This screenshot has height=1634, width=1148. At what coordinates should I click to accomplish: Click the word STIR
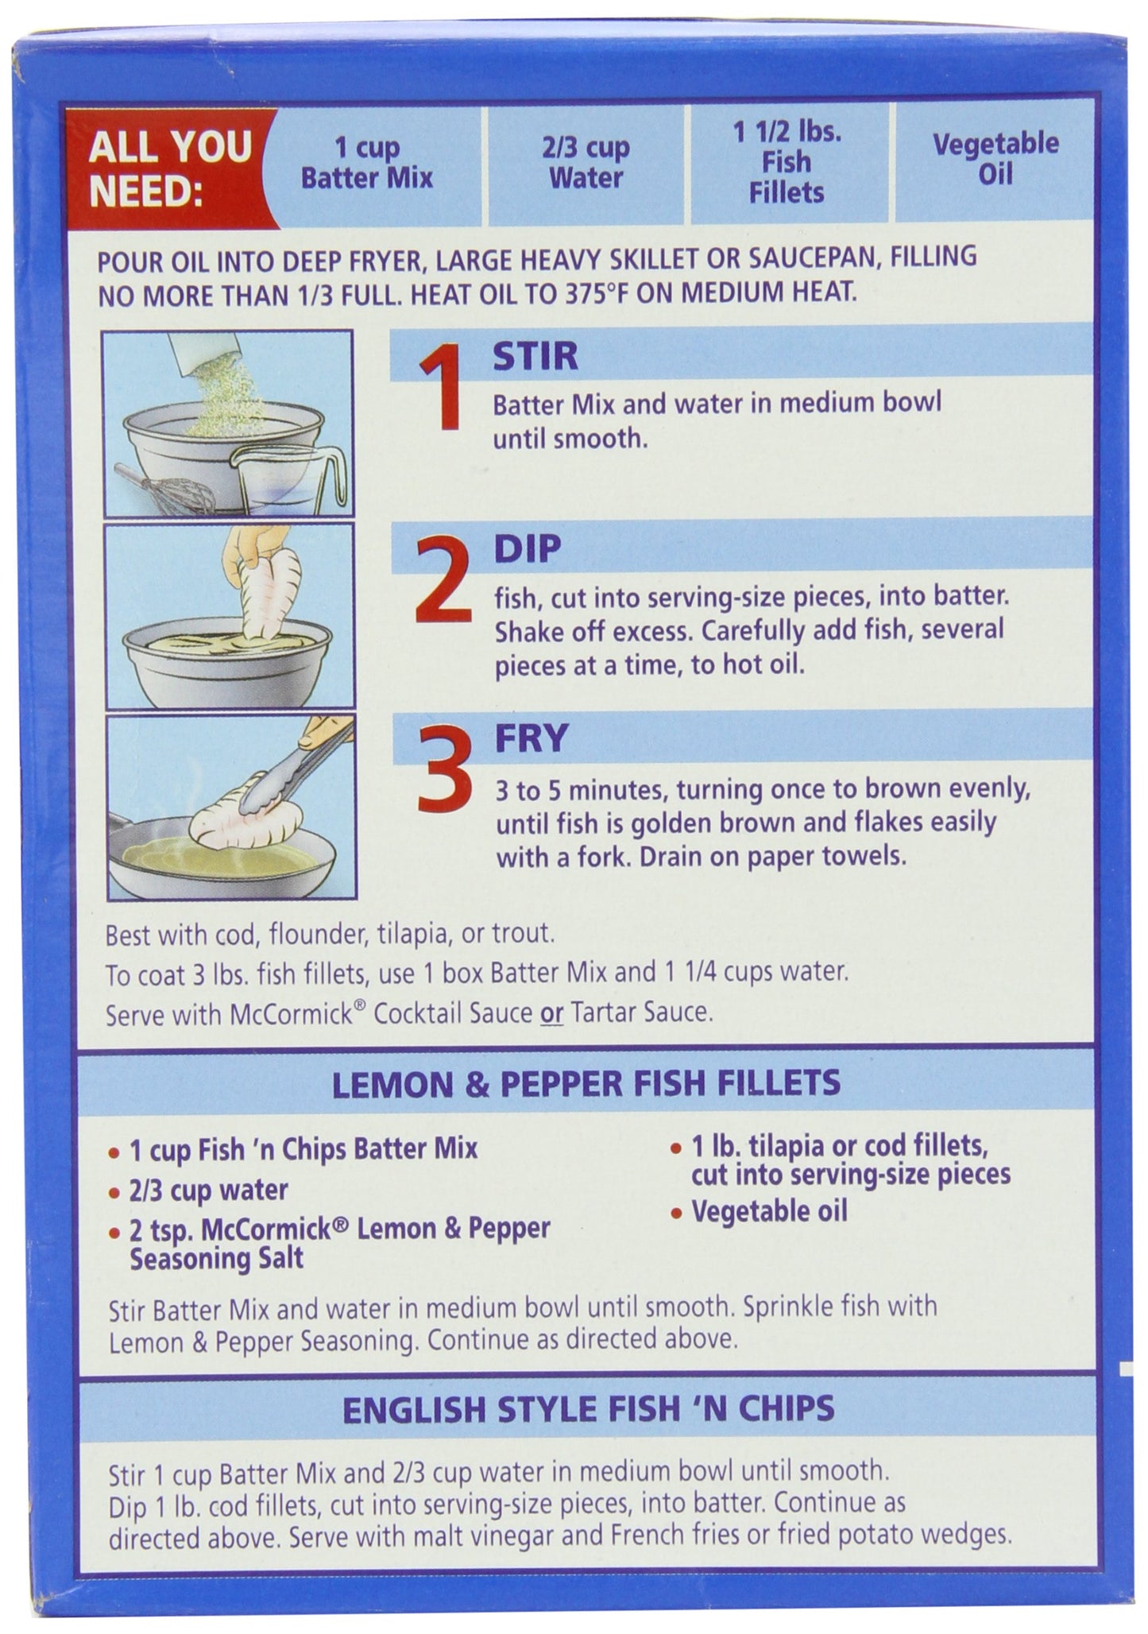535,357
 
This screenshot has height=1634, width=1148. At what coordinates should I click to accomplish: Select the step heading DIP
528,548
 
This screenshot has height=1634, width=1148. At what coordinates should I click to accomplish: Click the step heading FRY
531,738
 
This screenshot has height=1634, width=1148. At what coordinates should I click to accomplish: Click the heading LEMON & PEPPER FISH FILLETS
586,1082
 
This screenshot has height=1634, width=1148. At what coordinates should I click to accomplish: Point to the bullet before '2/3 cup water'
114,1193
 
